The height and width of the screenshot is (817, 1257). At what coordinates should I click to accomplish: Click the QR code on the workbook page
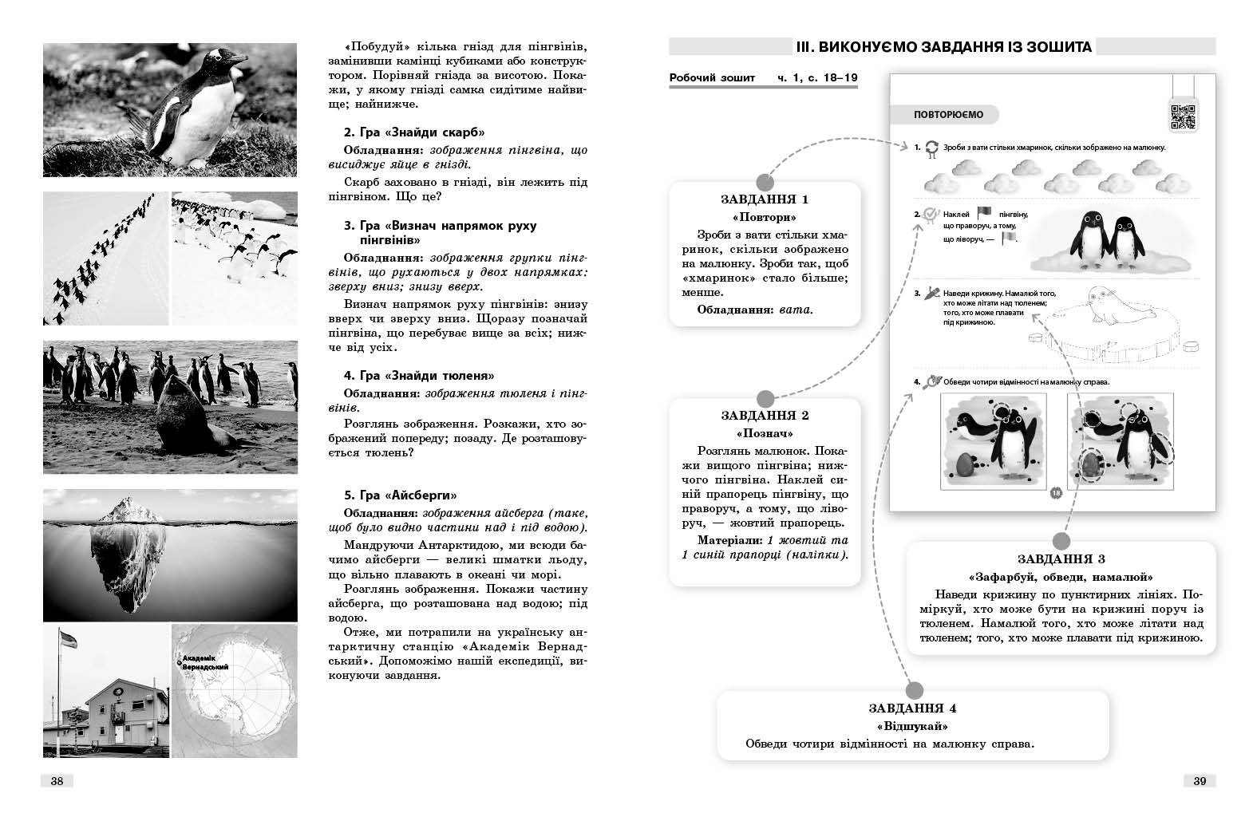[x=1182, y=116]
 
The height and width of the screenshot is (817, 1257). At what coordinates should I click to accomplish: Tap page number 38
[x=57, y=781]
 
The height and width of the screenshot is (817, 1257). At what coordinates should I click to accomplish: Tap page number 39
[x=1200, y=781]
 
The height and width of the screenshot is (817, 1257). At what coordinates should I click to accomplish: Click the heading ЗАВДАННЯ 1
[x=765, y=199]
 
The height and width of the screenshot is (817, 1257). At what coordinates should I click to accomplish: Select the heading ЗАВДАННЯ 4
[x=912, y=708]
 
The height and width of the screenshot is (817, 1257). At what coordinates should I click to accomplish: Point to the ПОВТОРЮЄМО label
[x=948, y=115]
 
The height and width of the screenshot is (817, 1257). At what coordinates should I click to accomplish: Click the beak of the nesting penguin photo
[x=237, y=57]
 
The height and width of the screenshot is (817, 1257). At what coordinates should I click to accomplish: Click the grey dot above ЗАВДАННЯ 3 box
[x=1061, y=541]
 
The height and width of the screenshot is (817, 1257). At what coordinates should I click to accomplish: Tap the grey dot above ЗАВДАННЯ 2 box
[x=765, y=398]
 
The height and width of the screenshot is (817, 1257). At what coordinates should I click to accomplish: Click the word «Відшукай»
[x=912, y=726]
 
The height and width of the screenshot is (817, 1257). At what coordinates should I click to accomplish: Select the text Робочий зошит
[x=712, y=78]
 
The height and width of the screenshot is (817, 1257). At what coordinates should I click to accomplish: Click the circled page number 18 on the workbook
[x=1055, y=493]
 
